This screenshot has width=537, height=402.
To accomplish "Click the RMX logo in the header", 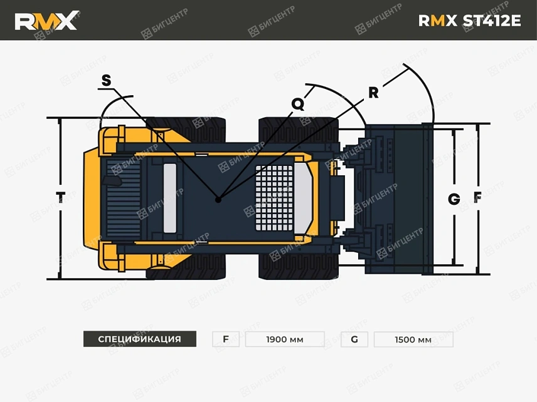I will [x=46, y=21].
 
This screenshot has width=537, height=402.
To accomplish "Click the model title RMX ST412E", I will [x=469, y=21].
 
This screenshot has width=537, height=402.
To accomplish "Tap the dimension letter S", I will [x=106, y=80].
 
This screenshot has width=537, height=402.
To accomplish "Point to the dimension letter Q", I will [x=298, y=104].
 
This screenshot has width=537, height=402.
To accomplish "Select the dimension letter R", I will [x=373, y=93].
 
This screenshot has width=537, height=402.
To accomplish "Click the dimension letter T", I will [x=60, y=197].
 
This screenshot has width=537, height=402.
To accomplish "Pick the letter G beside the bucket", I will [x=454, y=199].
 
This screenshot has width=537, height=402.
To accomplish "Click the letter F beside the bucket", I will [x=477, y=198].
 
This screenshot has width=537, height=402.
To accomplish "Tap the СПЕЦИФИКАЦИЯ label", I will [x=139, y=339].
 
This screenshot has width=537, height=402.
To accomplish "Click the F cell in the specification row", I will [x=226, y=339].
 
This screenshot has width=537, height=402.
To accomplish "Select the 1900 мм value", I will [x=284, y=339].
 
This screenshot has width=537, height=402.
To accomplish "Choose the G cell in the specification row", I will [x=354, y=339].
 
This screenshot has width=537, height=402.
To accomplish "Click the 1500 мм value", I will [x=413, y=339].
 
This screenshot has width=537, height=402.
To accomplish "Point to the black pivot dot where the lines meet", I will [x=218, y=200].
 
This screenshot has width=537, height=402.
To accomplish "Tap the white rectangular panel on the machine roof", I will [x=170, y=197].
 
